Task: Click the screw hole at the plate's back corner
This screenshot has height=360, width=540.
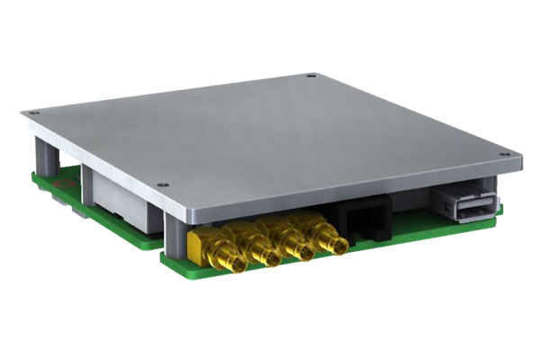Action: point(310,76)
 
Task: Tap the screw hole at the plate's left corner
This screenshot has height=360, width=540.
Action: point(34,112)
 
